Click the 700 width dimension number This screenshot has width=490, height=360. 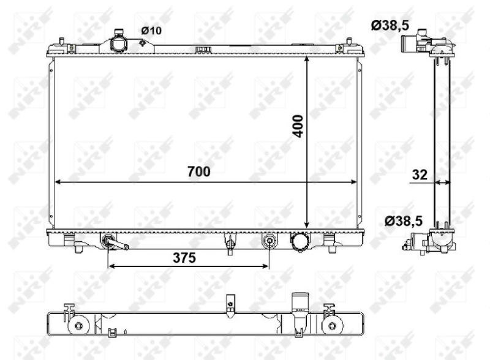(199, 172)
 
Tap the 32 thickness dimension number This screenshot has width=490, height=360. (420, 174)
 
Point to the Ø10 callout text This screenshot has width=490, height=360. (151, 31)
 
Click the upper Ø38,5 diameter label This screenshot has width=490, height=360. (390, 25)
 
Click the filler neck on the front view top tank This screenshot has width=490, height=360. (117, 44)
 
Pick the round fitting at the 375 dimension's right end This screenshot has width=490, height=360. (269, 241)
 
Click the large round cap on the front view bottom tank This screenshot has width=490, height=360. (300, 242)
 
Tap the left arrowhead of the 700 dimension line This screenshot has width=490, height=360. (59, 182)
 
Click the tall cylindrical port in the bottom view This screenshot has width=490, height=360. (299, 307)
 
